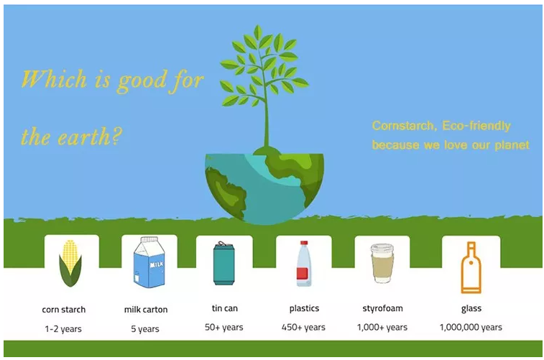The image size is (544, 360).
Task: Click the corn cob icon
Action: click(x=70, y=263)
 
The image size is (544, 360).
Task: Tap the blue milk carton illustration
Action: click(x=149, y=262)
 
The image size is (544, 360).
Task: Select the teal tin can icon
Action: click(x=223, y=264)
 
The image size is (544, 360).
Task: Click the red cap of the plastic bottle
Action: click(x=304, y=243)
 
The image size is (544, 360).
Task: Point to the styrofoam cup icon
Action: click(x=383, y=263)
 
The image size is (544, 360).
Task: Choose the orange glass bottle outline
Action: click(x=471, y=267)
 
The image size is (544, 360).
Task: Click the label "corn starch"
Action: click(x=64, y=310)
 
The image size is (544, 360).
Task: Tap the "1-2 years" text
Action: click(x=63, y=329)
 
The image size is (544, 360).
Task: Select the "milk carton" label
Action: click(x=146, y=310)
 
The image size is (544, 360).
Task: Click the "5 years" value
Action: click(x=145, y=329)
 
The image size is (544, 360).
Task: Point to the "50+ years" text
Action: click(x=223, y=327)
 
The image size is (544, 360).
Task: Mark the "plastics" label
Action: click(x=304, y=309)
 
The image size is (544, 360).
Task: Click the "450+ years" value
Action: click(x=303, y=327)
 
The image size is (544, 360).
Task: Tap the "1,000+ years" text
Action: click(x=382, y=327)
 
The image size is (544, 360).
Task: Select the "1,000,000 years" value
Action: click(x=471, y=327)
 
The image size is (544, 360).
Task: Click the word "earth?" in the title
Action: click(x=89, y=137)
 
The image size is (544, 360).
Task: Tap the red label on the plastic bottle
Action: click(x=303, y=273)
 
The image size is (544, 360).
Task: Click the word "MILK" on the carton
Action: click(x=157, y=265)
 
